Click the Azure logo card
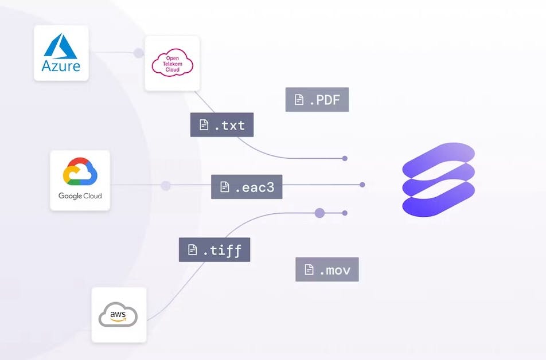61,53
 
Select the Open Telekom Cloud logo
172,62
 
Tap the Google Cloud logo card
80,180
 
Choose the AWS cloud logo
118,315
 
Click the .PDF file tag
317,100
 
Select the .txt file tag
222,125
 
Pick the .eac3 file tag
247,187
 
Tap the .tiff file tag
214,250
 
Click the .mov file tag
327,269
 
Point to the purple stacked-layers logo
439,179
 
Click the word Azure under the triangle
61,65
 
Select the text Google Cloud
80,196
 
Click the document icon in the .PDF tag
299,100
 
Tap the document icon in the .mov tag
309,269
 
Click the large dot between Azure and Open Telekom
138,53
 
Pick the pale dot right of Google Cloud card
166,186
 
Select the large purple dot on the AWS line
320,213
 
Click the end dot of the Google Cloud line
362,185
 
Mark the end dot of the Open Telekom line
345,158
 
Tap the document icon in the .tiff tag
193,250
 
